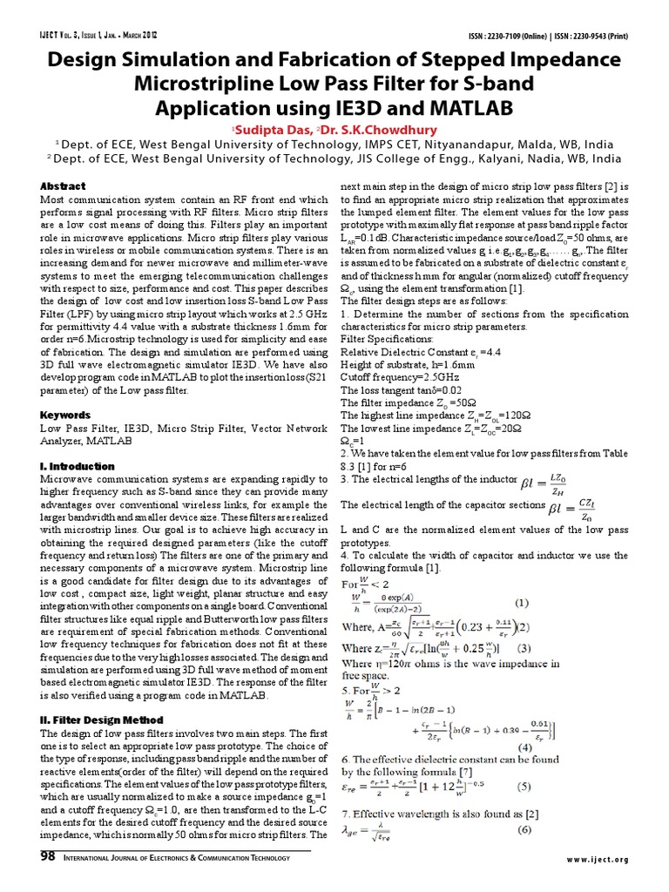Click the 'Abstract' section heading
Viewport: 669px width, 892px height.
click(64, 186)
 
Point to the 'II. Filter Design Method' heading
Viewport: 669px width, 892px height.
click(101, 720)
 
